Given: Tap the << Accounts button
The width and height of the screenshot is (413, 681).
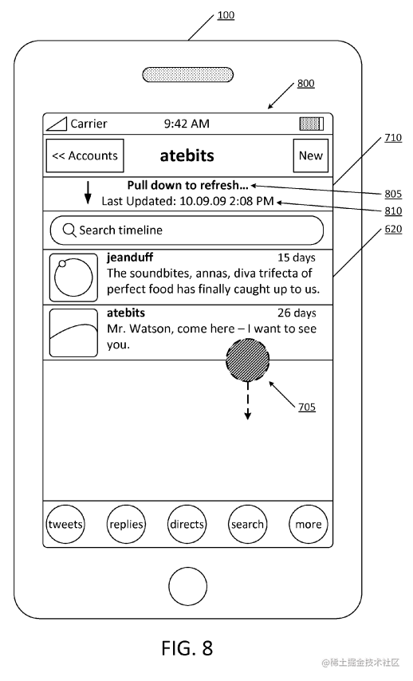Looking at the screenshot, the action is click(85, 155).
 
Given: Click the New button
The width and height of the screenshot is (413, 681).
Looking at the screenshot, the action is click(310, 155).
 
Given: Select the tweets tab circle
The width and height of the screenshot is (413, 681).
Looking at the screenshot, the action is click(65, 524).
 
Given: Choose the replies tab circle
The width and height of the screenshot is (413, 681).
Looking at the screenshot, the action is click(126, 524).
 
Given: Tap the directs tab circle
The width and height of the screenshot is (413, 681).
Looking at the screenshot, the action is click(187, 524).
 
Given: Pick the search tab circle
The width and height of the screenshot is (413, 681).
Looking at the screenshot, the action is click(247, 524).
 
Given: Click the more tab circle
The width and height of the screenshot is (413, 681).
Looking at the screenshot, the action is click(309, 524).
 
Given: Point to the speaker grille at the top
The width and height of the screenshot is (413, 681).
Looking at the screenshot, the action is click(187, 75).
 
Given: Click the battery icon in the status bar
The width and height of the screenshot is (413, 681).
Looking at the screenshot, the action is click(312, 124).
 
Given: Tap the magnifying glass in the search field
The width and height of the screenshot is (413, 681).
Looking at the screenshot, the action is click(69, 230).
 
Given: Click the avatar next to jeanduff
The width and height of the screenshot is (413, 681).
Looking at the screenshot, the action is click(73, 278).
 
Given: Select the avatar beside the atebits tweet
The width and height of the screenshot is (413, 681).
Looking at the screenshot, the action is click(73, 333).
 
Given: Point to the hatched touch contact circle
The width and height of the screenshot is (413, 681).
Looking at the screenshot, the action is click(247, 360).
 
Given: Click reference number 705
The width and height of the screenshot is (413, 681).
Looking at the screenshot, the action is click(307, 407).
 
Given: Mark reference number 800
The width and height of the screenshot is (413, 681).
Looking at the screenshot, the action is click(305, 84).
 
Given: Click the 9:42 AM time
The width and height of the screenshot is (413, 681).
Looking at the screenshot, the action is click(187, 124).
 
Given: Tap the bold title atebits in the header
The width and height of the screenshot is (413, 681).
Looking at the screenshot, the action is click(187, 155).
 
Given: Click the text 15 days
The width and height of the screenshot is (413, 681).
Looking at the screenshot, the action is click(297, 258).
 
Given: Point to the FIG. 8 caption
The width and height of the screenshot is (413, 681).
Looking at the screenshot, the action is click(187, 648).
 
